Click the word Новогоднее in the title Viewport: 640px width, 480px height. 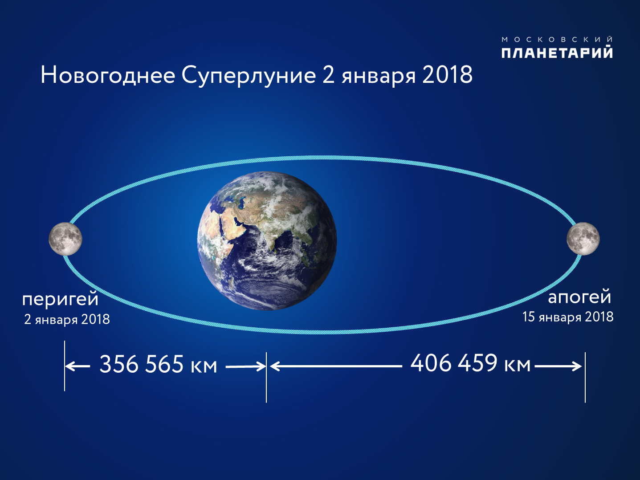click(x=108, y=75)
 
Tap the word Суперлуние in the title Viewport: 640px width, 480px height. click(x=249, y=76)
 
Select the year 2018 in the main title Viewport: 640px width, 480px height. click(x=447, y=75)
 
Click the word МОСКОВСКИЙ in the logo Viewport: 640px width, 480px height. click(x=557, y=39)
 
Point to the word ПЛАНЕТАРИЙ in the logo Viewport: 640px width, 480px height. click(x=557, y=53)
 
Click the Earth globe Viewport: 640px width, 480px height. click(x=267, y=241)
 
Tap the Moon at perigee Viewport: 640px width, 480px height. click(x=65, y=239)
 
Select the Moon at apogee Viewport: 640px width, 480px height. click(x=583, y=239)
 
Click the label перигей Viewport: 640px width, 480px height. click(x=61, y=300)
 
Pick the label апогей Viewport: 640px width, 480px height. click(x=579, y=298)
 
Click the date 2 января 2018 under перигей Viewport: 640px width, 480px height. click(x=67, y=319)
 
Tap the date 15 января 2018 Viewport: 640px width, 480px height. click(x=568, y=317)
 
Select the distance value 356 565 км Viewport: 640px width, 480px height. click(x=158, y=364)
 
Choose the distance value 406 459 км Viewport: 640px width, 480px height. click(x=470, y=363)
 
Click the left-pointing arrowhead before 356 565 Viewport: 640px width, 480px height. click(x=69, y=366)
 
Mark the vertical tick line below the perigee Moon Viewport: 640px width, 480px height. click(x=65, y=366)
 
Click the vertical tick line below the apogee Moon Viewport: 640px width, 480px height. click(x=585, y=378)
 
